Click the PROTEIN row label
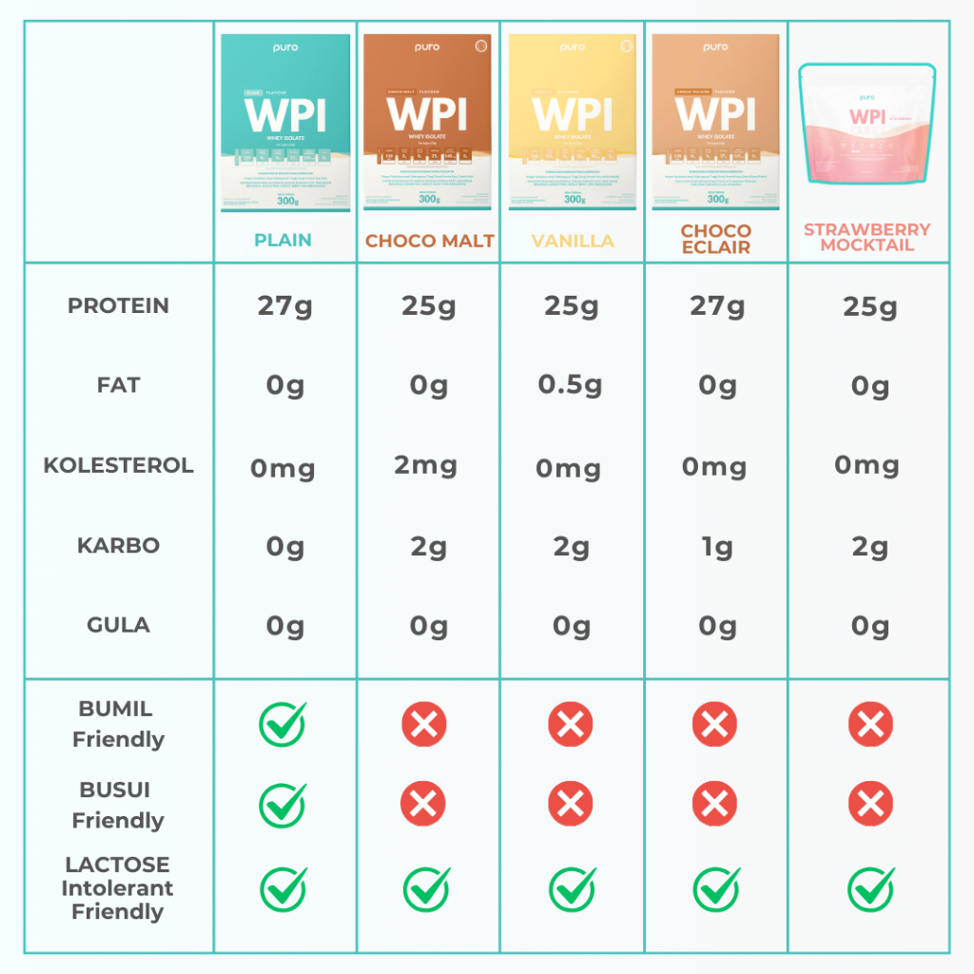118,305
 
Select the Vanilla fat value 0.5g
571,385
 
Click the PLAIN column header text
282,240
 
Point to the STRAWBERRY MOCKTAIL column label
867,237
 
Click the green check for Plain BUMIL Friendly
282,725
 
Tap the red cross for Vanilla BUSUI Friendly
571,806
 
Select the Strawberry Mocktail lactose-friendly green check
870,889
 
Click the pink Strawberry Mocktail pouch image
867,124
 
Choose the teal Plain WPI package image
285,122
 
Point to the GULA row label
118,625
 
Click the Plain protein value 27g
285,306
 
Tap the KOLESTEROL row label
118,465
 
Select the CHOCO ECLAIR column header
715,239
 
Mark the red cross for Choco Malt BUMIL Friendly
424,726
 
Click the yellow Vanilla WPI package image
572,122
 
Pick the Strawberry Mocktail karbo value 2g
869,546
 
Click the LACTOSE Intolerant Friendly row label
118,887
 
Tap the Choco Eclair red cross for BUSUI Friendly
715,806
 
